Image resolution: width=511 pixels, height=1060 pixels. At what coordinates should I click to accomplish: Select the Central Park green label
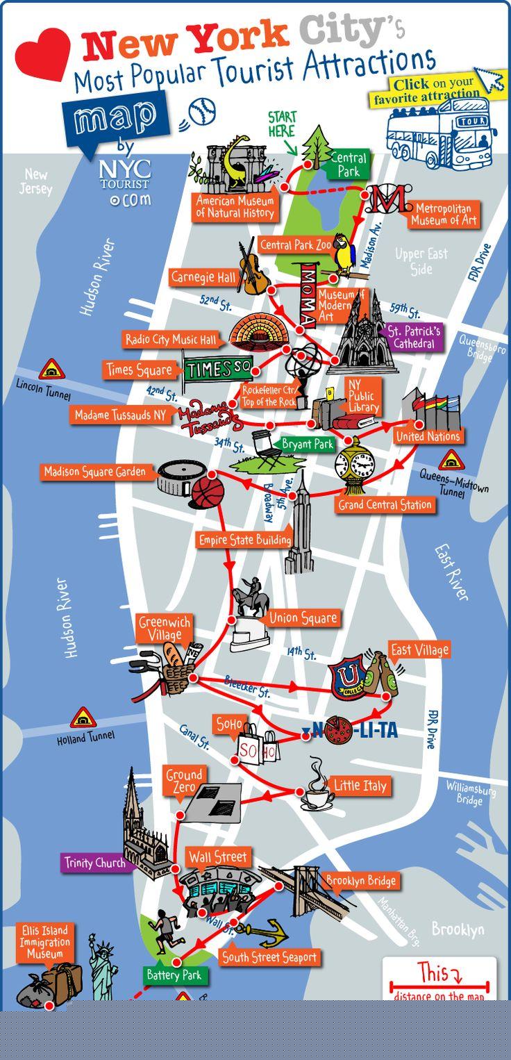(348, 165)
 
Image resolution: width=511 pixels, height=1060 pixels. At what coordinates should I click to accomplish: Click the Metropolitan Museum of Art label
(444, 214)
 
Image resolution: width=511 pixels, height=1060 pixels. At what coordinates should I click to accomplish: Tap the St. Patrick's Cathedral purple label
(414, 337)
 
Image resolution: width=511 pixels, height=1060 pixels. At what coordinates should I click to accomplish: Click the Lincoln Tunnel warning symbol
(51, 369)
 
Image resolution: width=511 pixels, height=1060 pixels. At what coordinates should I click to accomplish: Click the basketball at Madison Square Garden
(207, 492)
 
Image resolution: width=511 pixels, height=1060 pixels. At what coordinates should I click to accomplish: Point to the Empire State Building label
(244, 540)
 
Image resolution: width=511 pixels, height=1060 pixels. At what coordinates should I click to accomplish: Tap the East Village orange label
(419, 650)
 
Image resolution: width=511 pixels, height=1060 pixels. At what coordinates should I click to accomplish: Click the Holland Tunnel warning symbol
(83, 718)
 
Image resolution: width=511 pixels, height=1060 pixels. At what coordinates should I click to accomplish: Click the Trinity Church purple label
(94, 863)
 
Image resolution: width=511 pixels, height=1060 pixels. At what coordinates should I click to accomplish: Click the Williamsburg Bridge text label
(471, 794)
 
